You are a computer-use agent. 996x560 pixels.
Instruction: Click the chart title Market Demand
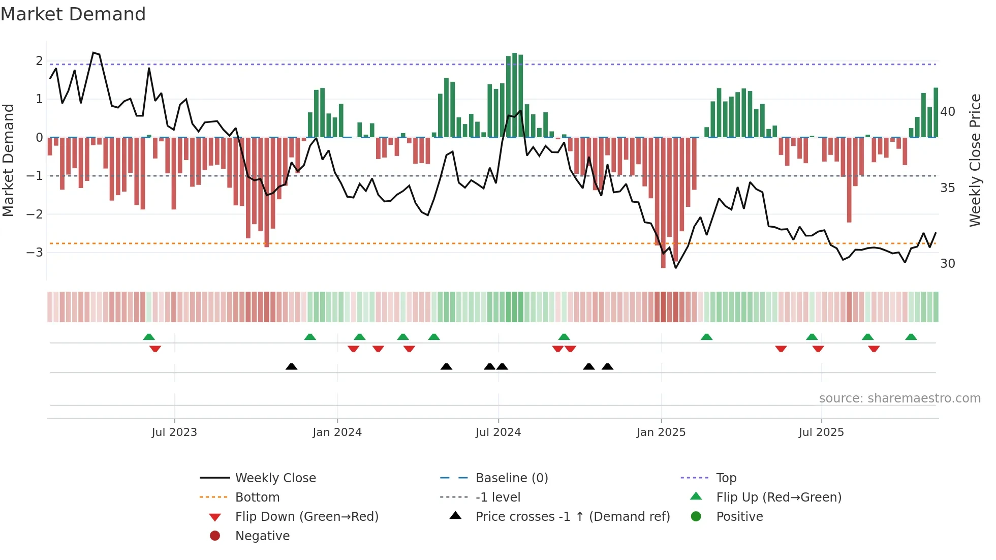(x=73, y=14)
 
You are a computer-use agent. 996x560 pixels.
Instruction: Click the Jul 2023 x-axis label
(x=174, y=432)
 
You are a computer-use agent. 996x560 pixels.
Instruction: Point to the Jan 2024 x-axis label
(x=337, y=432)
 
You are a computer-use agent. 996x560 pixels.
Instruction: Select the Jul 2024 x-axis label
(x=498, y=432)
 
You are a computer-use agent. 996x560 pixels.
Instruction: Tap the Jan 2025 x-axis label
(x=661, y=432)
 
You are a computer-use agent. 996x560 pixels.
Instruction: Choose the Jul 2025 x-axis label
(x=821, y=432)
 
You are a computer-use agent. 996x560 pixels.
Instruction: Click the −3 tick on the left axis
(x=35, y=253)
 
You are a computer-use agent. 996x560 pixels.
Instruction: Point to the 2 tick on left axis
(x=39, y=61)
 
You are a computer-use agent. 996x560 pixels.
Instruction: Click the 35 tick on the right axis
(x=947, y=188)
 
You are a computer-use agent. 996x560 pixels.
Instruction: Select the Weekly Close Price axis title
(x=975, y=160)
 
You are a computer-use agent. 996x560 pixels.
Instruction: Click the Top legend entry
(x=726, y=478)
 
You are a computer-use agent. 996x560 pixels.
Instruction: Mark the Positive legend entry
(x=739, y=517)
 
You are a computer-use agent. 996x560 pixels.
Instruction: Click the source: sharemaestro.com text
(x=899, y=398)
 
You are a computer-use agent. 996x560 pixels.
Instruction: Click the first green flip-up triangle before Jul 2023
(x=149, y=337)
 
